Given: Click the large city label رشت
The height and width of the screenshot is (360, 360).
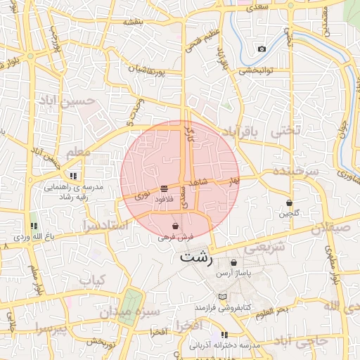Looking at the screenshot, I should (x=196, y=257).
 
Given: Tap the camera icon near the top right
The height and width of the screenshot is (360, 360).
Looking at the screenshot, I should (x=262, y=49).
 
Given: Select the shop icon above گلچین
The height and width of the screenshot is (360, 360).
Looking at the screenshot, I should (x=290, y=202).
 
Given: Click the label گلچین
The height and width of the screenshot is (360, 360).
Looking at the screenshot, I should (x=290, y=213).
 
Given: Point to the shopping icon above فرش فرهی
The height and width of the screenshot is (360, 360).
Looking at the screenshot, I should (x=175, y=226).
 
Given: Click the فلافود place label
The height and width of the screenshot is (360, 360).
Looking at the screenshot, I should (x=163, y=200).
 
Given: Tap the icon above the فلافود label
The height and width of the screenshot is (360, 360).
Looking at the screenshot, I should (x=164, y=188).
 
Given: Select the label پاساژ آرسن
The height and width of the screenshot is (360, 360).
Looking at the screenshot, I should (x=233, y=271).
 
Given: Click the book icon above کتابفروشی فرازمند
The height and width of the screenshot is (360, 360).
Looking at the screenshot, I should (x=223, y=297).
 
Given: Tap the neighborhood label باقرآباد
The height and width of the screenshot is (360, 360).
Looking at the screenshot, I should (x=241, y=131).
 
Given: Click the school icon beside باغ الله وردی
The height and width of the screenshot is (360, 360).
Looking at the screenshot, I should (x=33, y=226).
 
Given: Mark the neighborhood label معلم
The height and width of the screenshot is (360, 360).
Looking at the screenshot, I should (x=77, y=152).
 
